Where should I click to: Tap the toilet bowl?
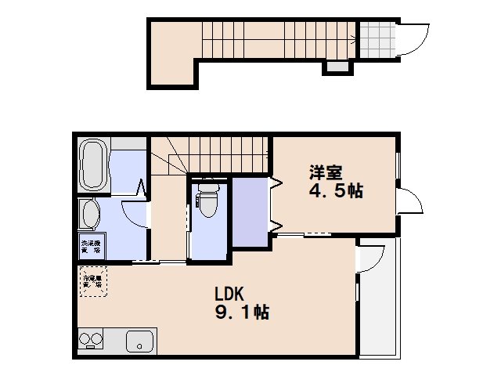pos(208,201)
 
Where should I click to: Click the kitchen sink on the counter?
pos(140,342)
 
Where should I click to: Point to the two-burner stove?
pos(91,341)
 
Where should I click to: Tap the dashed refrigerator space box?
pos(92,281)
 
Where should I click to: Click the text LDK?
pos(231,295)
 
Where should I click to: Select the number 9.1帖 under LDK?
pos(243,313)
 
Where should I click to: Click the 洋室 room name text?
pos(324,172)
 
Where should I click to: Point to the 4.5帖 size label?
pos(334,190)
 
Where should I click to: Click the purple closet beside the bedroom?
pos(250,213)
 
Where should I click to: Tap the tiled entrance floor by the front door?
pos(375,38)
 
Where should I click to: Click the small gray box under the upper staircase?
pos(336,67)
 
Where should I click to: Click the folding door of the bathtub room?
pos(142,188)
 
